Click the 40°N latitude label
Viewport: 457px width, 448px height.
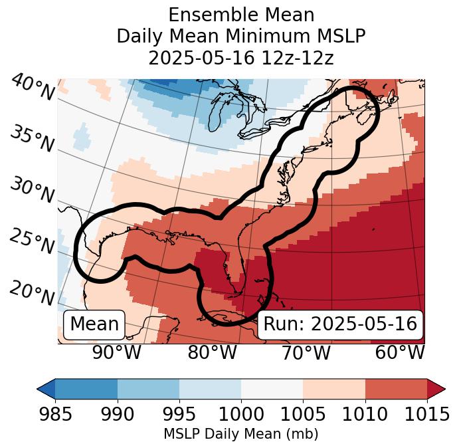(33, 88)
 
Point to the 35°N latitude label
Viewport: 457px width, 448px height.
(31, 139)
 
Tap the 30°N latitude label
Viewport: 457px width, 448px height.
(31, 191)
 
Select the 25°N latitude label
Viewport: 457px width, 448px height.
(31, 242)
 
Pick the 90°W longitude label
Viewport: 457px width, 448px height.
(117, 352)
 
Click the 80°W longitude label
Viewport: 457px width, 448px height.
(212, 352)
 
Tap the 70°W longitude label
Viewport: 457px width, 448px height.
(306, 352)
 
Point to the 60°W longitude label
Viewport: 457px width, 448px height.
(400, 352)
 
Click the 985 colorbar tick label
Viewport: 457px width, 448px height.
(55, 414)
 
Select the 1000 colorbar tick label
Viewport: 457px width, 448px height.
(241, 414)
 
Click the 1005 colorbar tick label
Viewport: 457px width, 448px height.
(303, 414)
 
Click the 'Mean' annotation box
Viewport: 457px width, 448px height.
(94, 324)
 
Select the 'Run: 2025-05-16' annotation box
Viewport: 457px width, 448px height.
(340, 324)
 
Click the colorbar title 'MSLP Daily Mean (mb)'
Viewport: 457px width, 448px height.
(240, 434)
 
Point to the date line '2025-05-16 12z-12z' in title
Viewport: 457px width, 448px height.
(240, 58)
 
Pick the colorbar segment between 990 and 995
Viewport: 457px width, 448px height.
(148, 389)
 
